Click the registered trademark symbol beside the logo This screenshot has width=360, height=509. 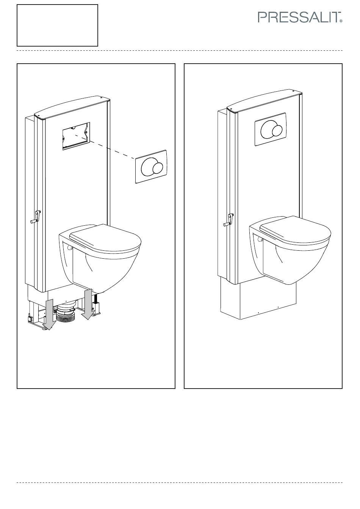341,21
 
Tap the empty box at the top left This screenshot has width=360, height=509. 57,25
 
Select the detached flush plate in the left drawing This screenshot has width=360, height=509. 151,167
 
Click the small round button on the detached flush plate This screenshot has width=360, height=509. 157,168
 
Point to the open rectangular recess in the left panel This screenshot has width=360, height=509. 76,136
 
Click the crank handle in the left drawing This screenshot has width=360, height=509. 36,217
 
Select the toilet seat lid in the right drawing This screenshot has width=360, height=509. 295,230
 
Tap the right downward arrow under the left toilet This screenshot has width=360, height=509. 88,304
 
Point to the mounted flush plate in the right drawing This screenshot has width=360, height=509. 271,129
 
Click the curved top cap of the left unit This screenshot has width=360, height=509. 72,108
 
